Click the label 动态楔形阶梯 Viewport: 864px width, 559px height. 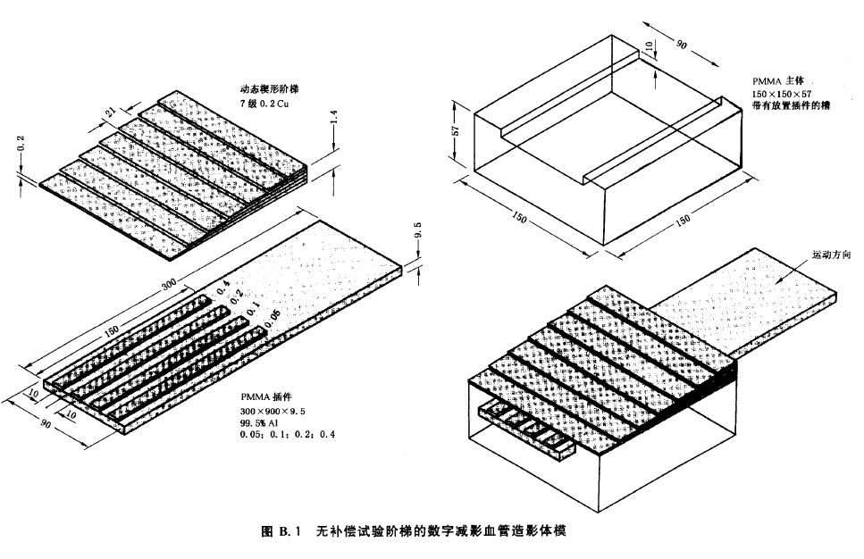coord(269,89)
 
